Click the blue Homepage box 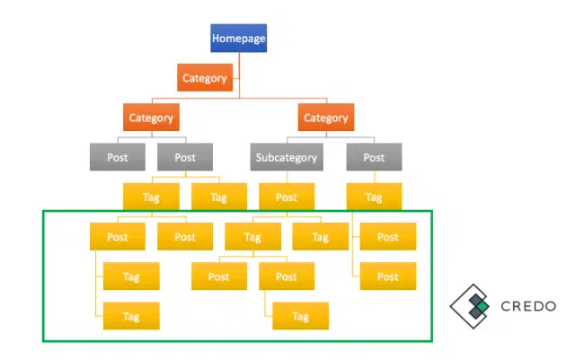(x=239, y=38)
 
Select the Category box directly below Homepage (x=205, y=78)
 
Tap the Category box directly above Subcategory (x=325, y=118)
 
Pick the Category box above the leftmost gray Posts (x=151, y=118)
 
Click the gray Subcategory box (x=287, y=158)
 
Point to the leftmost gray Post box (x=118, y=158)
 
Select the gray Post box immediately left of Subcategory (x=185, y=158)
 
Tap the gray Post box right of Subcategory (x=374, y=158)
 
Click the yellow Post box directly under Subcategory (x=287, y=198)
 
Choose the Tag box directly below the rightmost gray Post (x=374, y=198)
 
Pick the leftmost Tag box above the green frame (x=151, y=198)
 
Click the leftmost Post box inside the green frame (x=118, y=237)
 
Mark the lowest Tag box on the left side (x=131, y=316)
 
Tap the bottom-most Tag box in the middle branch (x=300, y=316)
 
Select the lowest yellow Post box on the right (x=387, y=277)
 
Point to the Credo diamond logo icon (x=471, y=306)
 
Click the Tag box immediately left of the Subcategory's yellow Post (x=219, y=198)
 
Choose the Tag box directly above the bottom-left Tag (x=131, y=277)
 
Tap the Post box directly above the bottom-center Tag (x=287, y=277)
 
